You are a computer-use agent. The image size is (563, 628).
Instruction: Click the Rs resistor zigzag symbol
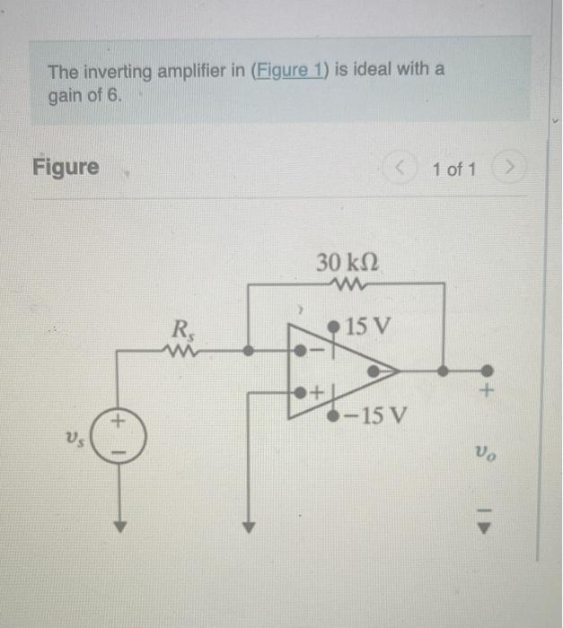coord(180,351)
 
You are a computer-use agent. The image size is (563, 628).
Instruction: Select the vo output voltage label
coord(486,455)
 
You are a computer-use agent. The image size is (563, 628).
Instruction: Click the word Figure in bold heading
coord(66,167)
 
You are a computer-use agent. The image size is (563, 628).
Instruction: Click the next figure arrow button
coord(510,168)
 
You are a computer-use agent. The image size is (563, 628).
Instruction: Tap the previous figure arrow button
coord(400,168)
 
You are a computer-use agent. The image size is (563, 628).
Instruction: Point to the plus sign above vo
coord(487,392)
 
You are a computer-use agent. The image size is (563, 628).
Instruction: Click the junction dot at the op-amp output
coord(442,370)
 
